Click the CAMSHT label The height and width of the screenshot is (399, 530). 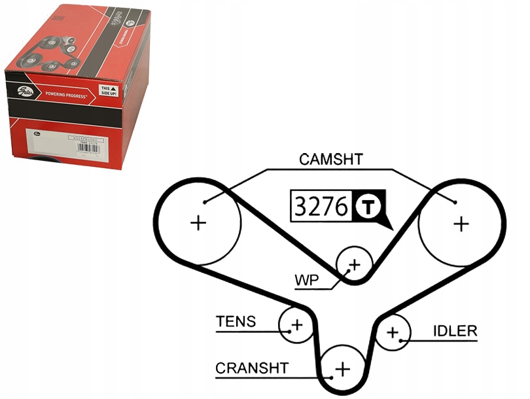pos(330,159)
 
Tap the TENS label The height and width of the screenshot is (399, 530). pos(236,322)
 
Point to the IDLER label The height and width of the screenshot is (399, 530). pos(455,331)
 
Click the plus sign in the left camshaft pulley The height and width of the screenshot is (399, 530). pos(198,224)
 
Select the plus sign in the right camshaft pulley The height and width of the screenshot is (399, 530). pos(461,224)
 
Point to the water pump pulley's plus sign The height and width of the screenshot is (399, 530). pos(355,264)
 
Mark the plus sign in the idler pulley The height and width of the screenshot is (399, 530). pos(392,332)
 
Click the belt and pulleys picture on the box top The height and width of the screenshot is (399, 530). pos(49,56)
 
